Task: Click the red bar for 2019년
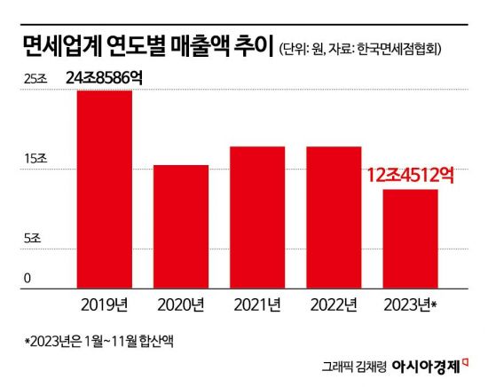point(105,189)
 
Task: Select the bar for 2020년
point(181,226)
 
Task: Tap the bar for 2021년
point(257,217)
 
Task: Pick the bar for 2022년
point(334,217)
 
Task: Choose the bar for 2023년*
point(409,239)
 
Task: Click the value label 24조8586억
point(104,78)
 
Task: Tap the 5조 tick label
point(32,238)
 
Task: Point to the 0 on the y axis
point(28,278)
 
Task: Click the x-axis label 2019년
point(105,305)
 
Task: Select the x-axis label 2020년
point(181,305)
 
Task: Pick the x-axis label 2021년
point(257,305)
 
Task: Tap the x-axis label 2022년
point(334,305)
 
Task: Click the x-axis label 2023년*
point(411,305)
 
